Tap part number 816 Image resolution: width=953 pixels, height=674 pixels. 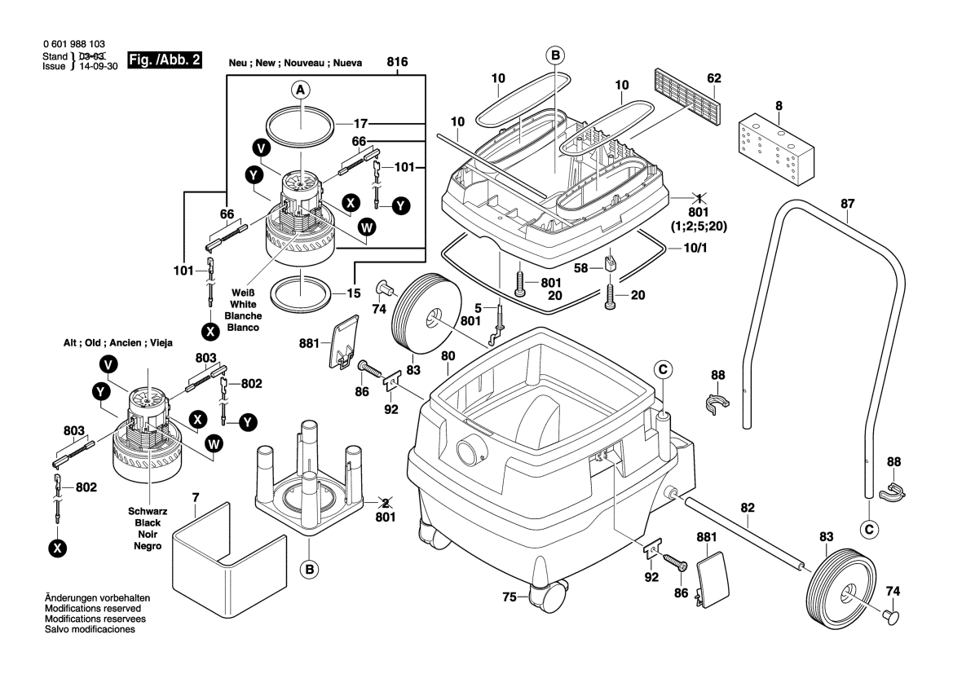(x=398, y=62)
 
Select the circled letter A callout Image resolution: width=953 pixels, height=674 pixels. (x=301, y=90)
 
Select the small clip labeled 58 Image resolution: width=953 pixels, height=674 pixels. (x=611, y=264)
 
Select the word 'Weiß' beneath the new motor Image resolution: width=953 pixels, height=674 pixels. (x=244, y=293)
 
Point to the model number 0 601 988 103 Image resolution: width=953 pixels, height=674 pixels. (x=72, y=44)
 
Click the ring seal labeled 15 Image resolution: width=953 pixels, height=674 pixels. (x=301, y=292)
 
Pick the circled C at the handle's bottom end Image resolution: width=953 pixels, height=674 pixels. (x=871, y=531)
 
